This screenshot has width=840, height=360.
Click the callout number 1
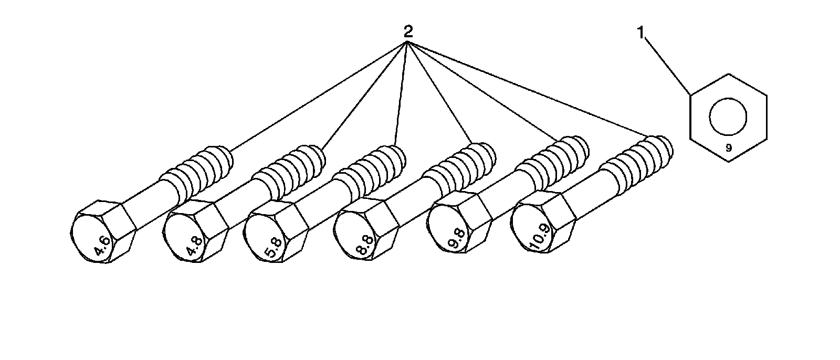640,33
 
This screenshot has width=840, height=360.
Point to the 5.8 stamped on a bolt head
274,248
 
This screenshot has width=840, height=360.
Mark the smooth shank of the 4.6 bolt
147,202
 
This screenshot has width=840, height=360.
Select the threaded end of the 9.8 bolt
556,157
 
